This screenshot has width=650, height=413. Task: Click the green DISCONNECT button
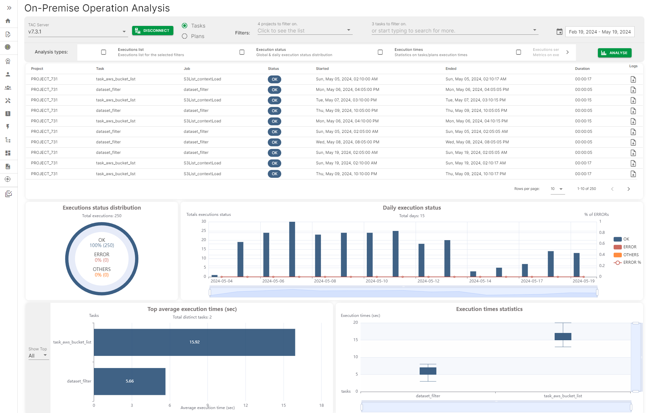(x=152, y=31)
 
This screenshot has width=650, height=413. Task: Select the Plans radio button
(x=185, y=36)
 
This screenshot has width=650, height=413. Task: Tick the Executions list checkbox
(x=104, y=52)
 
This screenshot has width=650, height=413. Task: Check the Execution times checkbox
(x=380, y=52)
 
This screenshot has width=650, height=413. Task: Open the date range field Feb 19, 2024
(x=600, y=32)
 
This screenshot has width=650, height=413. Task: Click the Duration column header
(x=582, y=69)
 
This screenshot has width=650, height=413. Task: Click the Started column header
(x=322, y=69)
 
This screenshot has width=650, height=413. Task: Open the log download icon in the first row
(x=633, y=79)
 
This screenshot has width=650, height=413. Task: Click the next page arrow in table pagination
(x=628, y=189)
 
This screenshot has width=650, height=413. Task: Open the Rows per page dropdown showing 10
(x=557, y=189)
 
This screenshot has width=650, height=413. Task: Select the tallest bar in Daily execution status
(x=292, y=249)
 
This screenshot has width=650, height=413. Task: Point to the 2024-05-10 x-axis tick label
(x=376, y=281)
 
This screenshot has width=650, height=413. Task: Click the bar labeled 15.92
(x=194, y=342)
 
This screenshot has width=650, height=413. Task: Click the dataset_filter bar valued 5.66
(x=129, y=381)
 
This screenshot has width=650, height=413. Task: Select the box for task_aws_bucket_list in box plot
(x=562, y=336)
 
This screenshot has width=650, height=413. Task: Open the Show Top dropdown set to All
(x=38, y=356)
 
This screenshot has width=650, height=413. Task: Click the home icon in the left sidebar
(x=8, y=21)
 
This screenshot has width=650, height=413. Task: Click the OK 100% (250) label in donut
(x=102, y=243)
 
